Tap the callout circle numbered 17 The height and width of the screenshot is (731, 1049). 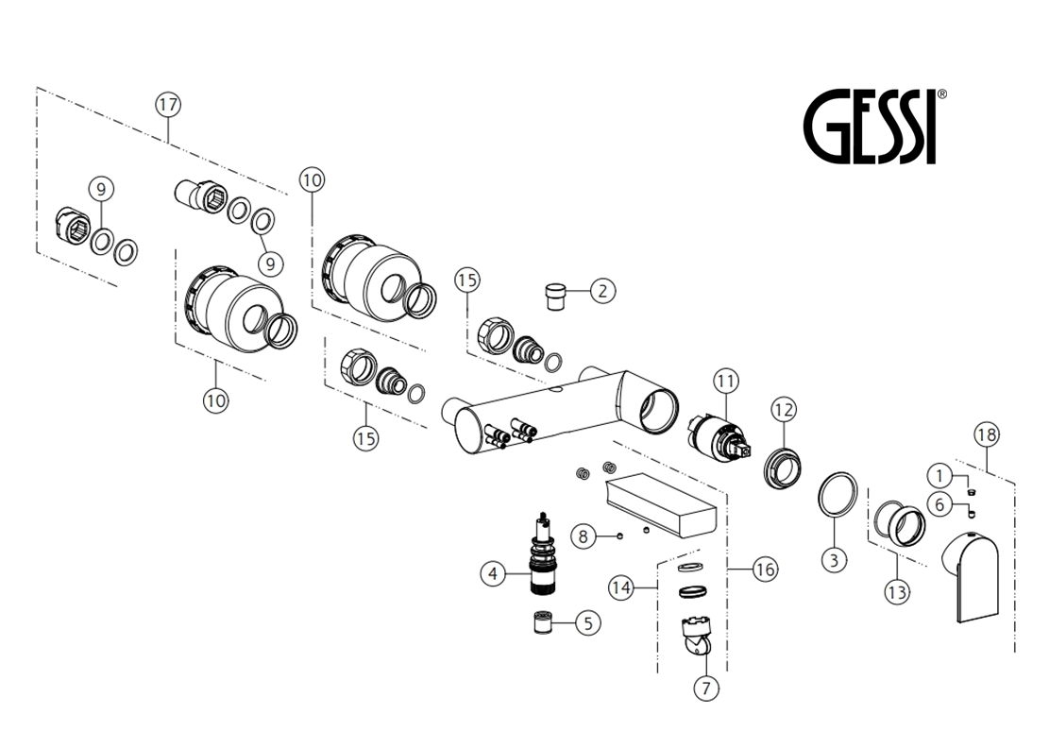click(x=168, y=105)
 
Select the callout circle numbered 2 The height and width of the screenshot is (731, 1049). click(x=602, y=291)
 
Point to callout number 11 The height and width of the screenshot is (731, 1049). click(x=726, y=382)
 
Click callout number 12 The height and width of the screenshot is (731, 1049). click(x=784, y=409)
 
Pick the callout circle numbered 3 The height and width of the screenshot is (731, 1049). click(x=834, y=559)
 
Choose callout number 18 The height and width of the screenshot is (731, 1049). click(x=986, y=435)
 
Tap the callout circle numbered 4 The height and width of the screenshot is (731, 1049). click(x=493, y=573)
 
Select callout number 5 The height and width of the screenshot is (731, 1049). click(x=588, y=623)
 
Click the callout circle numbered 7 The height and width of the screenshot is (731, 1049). click(x=706, y=688)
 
